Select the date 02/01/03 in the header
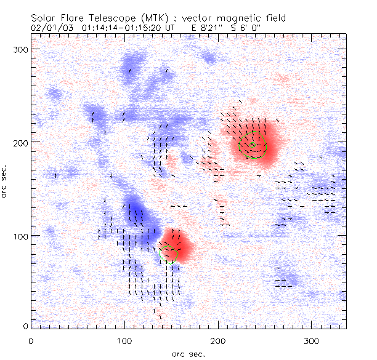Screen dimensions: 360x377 pos(50,27)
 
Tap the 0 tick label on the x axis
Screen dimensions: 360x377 pos(30,340)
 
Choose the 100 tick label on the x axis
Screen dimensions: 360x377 pos(124,340)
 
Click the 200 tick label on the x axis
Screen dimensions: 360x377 pos(218,340)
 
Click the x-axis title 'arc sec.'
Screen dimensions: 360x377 pos(188,353)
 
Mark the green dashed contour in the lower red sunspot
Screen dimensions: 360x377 pos(168,253)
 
